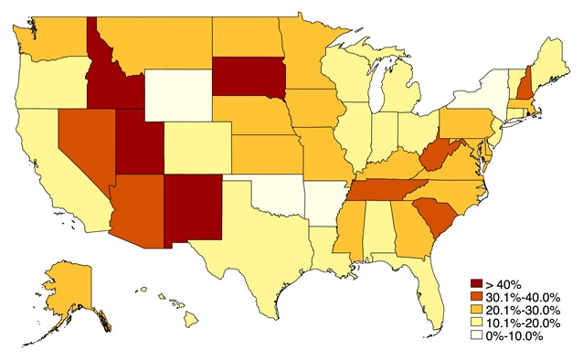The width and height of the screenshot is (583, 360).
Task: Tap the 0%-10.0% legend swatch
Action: pos(474,335)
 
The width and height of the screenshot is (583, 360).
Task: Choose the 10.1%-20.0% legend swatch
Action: pos(474,323)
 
